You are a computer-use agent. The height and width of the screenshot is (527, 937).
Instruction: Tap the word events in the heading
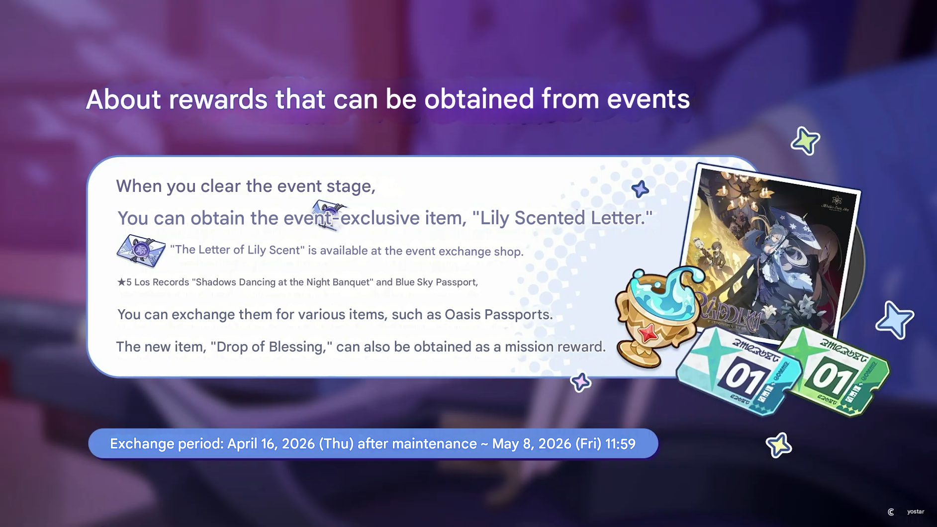click(648, 99)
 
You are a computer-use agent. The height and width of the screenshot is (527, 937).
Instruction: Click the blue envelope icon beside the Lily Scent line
click(141, 251)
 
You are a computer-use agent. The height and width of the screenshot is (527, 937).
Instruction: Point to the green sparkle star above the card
click(805, 141)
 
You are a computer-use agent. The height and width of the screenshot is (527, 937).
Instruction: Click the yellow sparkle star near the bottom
click(779, 445)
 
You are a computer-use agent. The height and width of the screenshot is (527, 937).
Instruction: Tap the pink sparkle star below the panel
click(580, 382)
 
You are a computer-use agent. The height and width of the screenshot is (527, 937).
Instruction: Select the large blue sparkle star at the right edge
click(894, 320)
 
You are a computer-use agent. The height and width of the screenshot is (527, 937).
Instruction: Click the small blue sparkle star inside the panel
click(640, 189)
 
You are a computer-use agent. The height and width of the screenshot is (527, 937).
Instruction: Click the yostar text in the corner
click(915, 512)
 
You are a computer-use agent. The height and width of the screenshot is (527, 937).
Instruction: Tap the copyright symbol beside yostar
click(891, 512)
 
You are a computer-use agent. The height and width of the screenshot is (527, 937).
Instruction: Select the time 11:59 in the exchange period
click(620, 443)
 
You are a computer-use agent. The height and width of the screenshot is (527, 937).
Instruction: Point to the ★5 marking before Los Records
click(124, 282)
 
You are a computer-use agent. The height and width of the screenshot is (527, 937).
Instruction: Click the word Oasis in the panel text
click(463, 314)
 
